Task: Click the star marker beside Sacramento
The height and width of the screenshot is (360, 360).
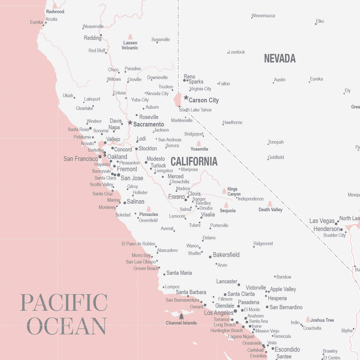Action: tap(130, 123)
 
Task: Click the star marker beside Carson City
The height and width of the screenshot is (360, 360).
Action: tap(186, 97)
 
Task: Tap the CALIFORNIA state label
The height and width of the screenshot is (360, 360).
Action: tap(194, 161)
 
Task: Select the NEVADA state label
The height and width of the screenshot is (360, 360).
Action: tap(279, 59)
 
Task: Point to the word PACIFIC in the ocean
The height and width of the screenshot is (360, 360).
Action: tap(64, 303)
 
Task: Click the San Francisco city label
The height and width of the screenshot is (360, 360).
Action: tap(80, 159)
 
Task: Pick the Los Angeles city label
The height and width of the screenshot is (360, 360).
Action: tap(218, 313)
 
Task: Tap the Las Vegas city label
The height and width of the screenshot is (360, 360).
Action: tap(322, 221)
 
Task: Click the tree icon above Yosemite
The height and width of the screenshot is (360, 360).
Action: tap(199, 143)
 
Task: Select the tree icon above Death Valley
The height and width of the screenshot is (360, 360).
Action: tap(270, 204)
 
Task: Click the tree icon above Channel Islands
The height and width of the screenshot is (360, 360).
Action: tap(181, 316)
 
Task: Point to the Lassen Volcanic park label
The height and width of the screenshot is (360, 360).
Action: tap(130, 45)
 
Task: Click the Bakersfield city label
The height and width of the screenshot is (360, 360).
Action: tap(226, 255)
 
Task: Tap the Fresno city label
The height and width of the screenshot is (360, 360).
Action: tap(176, 197)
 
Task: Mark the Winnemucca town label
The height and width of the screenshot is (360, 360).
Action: tap(264, 16)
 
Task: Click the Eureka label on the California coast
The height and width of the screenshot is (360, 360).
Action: tap(36, 22)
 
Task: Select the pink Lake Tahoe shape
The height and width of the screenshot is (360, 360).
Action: tap(178, 100)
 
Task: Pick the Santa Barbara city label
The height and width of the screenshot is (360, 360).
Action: tap(191, 292)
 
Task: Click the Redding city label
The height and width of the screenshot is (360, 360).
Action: tap(93, 38)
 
